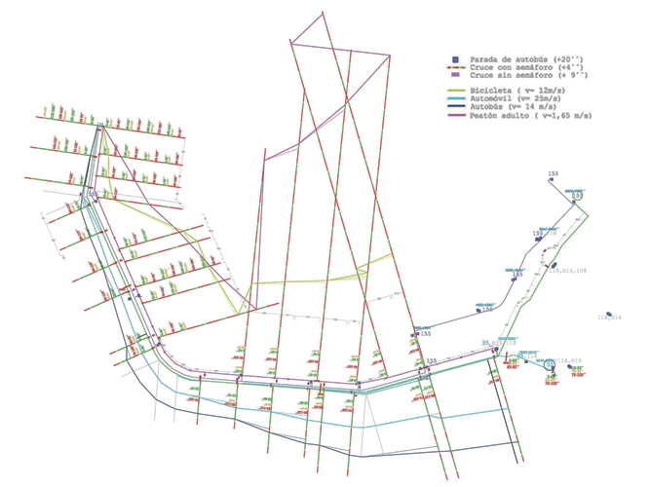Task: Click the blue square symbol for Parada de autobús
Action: [x=455, y=59]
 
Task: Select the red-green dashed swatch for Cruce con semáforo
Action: [x=455, y=67]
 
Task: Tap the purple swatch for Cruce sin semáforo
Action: [x=455, y=75]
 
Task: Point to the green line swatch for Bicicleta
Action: [x=455, y=90]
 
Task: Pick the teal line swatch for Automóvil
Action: [x=455, y=98]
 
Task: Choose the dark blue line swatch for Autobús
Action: [x=455, y=106]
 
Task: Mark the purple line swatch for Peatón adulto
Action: [x=455, y=115]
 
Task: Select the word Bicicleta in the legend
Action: [x=490, y=90]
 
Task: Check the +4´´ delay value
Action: [x=578, y=67]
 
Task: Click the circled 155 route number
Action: [x=577, y=196]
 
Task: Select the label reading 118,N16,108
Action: [x=569, y=271]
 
